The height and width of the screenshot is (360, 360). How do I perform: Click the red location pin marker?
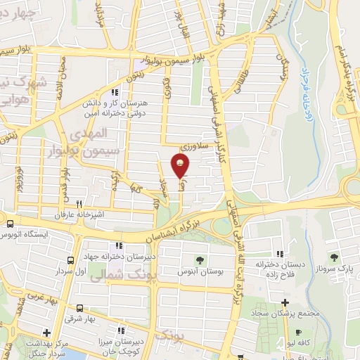pyautogui.click(x=180, y=167)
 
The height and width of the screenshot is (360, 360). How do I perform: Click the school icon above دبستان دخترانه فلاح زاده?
pyautogui.click(x=280, y=254)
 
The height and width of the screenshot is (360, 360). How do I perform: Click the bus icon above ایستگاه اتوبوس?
pyautogui.click(x=11, y=224)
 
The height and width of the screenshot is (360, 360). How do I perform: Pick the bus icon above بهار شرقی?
pyautogui.click(x=80, y=308)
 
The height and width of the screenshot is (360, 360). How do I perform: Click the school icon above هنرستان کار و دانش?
pyautogui.click(x=115, y=91)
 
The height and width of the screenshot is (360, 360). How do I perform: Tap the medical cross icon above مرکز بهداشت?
pyautogui.click(x=46, y=333)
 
